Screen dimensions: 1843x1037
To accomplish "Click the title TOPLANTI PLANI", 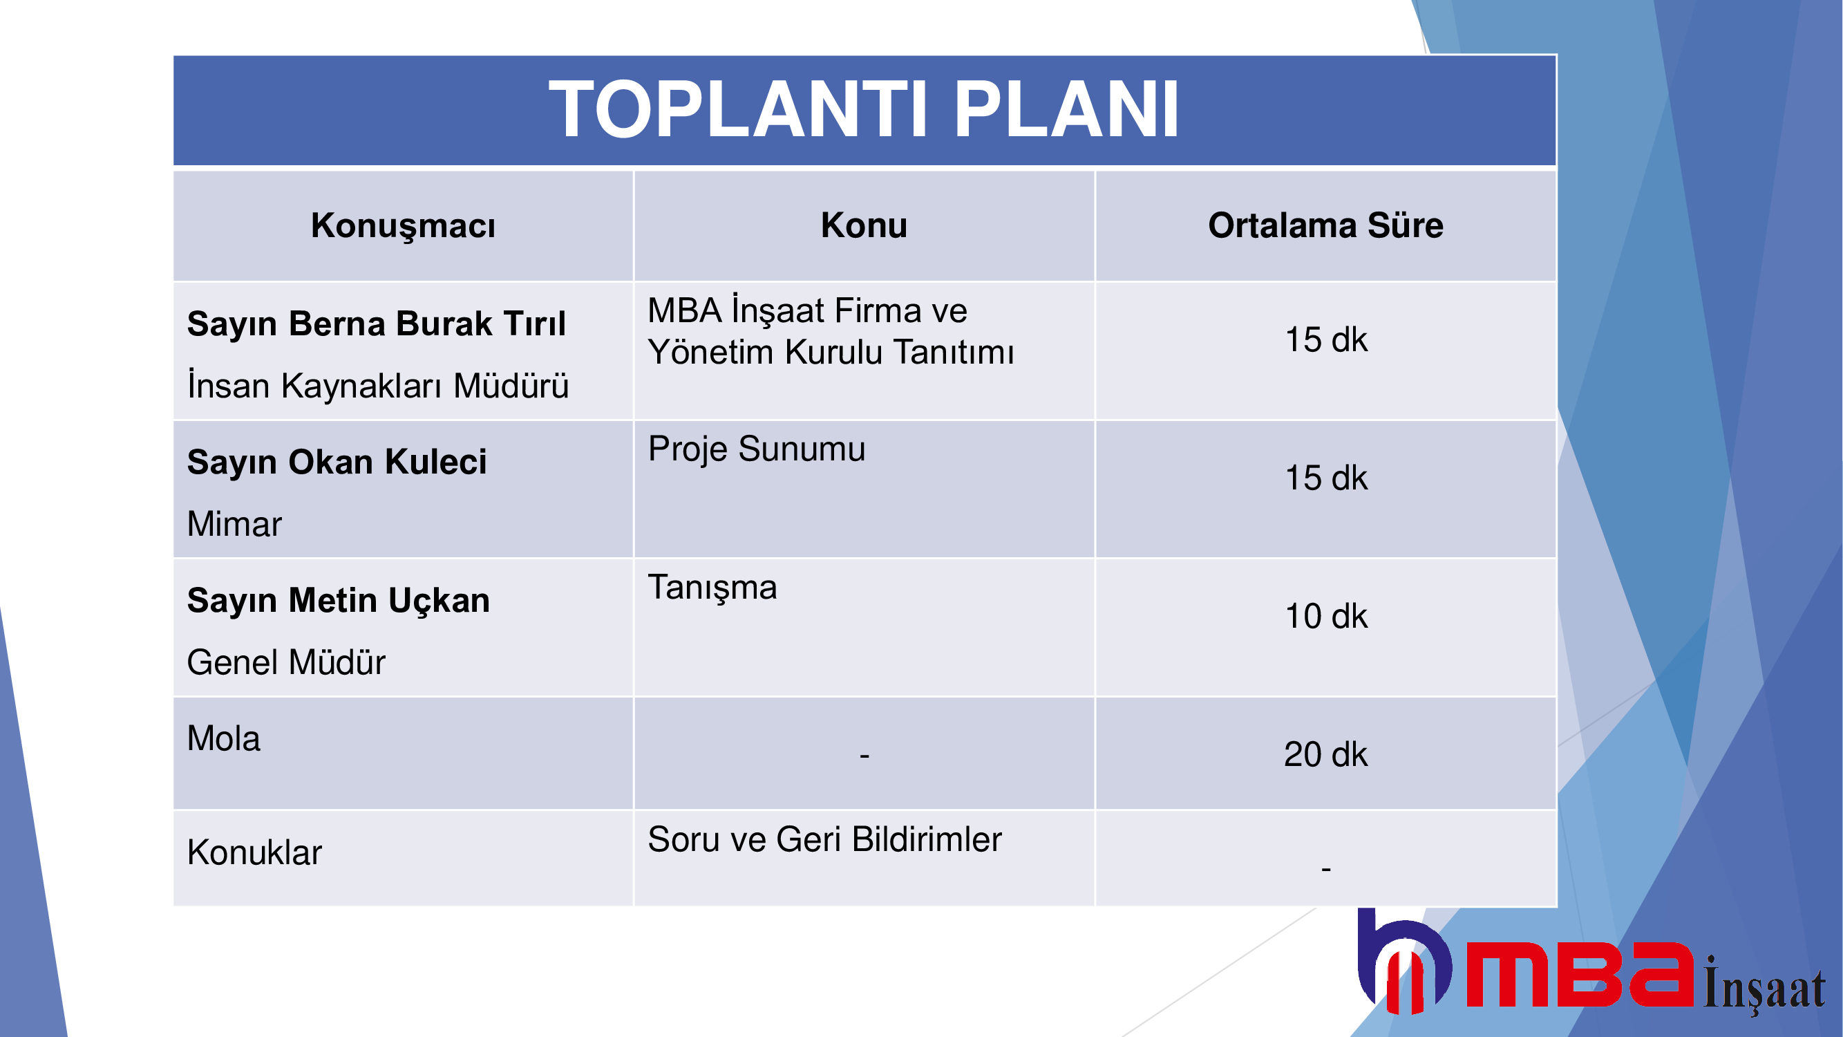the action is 864,109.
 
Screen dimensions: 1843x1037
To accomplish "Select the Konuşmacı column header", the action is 403,226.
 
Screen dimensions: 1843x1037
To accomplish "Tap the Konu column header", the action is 864,225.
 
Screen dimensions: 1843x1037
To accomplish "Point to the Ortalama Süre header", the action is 1325,225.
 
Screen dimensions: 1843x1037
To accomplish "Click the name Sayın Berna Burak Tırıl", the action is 377,324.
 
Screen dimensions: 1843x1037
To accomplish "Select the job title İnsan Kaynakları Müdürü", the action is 378,385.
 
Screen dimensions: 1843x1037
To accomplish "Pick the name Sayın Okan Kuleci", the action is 337,462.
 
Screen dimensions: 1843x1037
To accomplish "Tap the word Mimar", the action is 234,524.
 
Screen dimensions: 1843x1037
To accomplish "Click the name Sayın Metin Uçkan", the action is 339,601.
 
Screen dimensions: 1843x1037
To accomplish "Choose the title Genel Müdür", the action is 286,662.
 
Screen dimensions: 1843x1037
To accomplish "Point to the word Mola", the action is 223,738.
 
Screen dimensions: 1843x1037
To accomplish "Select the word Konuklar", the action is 254,852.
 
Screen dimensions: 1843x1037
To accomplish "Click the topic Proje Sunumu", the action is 756,449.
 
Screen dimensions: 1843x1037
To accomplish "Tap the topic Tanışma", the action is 712,588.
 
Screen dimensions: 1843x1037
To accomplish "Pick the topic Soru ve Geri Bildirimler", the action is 824,839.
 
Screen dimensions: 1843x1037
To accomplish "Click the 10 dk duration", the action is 1325,616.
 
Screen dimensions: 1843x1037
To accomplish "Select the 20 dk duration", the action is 1325,754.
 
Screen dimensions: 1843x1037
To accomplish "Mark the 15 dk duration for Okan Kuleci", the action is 1325,478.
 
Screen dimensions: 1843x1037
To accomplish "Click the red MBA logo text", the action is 1580,975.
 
